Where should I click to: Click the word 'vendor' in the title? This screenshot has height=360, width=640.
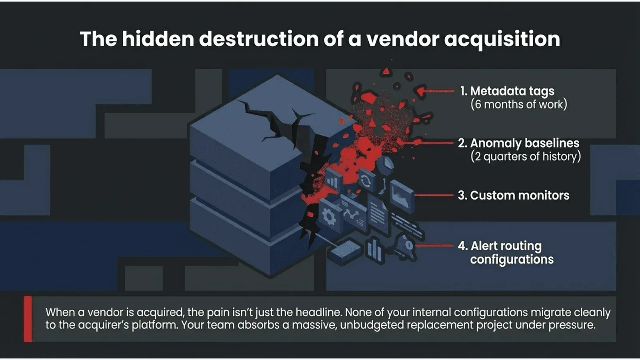tap(402, 39)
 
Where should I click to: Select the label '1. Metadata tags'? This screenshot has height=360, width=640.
tap(507, 91)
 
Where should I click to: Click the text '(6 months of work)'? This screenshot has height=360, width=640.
tap(518, 104)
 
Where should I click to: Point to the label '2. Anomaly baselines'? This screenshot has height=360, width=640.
tap(518, 143)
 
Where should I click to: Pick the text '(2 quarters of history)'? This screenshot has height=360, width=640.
tap(525, 156)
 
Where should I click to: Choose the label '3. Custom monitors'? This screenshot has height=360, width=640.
tap(513, 195)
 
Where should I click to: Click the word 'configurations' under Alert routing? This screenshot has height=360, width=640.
tap(512, 260)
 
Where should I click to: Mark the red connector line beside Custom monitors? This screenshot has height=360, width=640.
tap(434, 196)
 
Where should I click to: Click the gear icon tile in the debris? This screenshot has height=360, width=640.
tap(329, 217)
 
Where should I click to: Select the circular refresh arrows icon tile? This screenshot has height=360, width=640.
tap(366, 180)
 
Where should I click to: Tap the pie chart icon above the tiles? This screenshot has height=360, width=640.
tap(386, 163)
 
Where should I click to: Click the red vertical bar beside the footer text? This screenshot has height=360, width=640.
tap(28, 319)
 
